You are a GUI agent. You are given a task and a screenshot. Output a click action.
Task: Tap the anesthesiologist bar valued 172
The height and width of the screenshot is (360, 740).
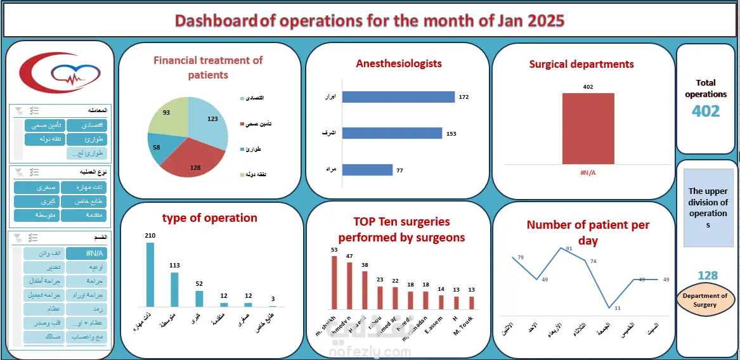[x=398, y=97]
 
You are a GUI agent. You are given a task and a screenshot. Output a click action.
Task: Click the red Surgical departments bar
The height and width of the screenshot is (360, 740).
[x=588, y=129]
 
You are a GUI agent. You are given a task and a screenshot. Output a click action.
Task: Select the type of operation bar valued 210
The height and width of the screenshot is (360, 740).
[x=150, y=274]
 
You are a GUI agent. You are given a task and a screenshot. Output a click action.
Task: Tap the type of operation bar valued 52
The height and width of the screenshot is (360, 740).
[x=199, y=299]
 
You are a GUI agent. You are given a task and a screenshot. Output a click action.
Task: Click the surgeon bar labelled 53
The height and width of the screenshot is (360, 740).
[x=334, y=282]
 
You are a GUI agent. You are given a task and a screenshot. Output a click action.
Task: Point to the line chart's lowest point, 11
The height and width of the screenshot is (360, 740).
[x=609, y=308]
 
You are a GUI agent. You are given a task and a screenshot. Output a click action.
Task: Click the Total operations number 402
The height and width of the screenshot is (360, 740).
[x=706, y=112]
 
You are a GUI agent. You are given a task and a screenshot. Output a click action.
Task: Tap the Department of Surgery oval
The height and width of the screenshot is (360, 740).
[x=708, y=300]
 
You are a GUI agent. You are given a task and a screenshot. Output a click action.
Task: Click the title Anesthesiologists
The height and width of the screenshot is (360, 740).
[x=399, y=63]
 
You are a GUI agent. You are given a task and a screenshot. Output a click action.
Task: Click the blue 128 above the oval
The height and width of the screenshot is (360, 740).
[x=708, y=276]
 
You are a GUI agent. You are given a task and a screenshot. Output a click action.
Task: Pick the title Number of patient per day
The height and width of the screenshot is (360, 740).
[x=588, y=233]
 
